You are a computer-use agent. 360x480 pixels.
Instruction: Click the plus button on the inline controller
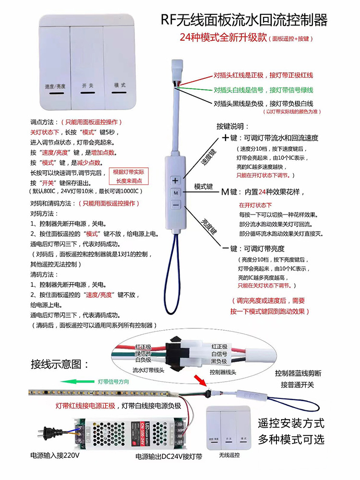pos(176,180)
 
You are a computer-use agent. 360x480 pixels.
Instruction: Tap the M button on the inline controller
pos(176,192)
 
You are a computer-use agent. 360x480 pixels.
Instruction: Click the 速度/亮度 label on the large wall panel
pos(55,86)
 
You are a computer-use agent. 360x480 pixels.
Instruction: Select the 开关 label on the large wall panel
pos(88,85)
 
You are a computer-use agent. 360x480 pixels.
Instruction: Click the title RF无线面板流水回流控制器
pos(244,20)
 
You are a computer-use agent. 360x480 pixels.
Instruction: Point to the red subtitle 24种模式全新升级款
pos(223,38)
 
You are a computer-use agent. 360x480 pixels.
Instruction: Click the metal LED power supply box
pos(129,431)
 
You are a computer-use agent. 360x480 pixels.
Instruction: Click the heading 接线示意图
pos(60,363)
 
